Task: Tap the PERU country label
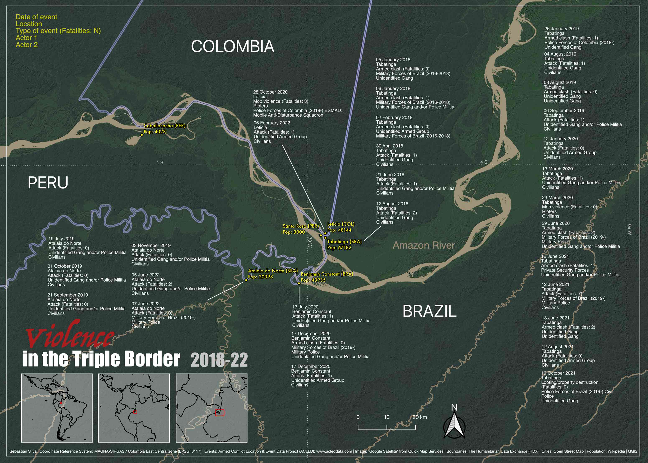(48, 183)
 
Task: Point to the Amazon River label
(423, 245)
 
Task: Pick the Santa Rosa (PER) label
(300, 226)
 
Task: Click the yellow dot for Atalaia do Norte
(246, 280)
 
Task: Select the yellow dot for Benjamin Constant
(299, 283)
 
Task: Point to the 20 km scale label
(420, 417)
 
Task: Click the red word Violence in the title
(70, 336)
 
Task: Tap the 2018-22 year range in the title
(219, 360)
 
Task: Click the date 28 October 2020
(270, 92)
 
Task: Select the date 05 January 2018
(393, 60)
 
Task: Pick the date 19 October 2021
(558, 373)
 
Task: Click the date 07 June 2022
(145, 304)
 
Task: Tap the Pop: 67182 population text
(339, 247)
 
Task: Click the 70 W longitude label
(310, 242)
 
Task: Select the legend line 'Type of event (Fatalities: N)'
(58, 31)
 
